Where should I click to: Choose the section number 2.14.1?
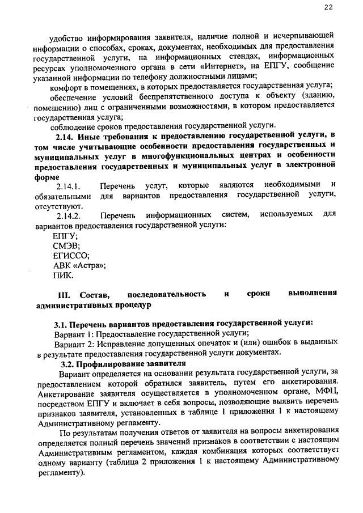70,185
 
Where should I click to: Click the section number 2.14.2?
70,215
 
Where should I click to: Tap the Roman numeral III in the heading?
66,295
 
